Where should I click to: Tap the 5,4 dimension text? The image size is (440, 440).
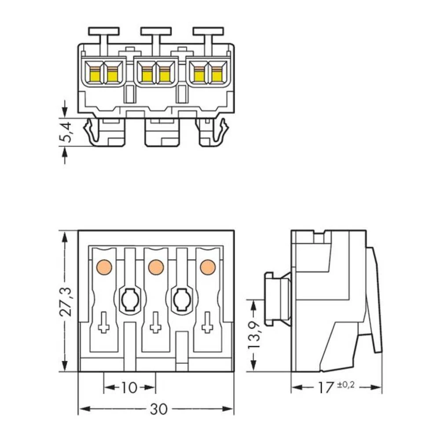65,132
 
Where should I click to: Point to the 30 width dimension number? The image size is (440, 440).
158,409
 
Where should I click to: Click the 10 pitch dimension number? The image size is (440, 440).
129,388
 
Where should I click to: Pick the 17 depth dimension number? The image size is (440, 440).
326,388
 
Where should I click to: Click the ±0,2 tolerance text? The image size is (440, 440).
346,385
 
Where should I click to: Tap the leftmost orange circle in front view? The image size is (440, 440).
104,267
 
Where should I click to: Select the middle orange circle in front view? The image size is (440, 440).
156,267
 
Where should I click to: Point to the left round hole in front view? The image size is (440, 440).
129,301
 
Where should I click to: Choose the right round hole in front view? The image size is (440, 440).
181,301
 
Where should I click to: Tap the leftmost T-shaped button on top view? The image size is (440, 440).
104,32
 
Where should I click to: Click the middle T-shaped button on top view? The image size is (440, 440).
156,32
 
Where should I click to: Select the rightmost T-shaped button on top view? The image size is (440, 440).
208,32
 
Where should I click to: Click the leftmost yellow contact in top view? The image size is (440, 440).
95,75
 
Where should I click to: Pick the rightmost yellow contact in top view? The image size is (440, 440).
216,75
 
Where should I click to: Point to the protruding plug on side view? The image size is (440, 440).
276,299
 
